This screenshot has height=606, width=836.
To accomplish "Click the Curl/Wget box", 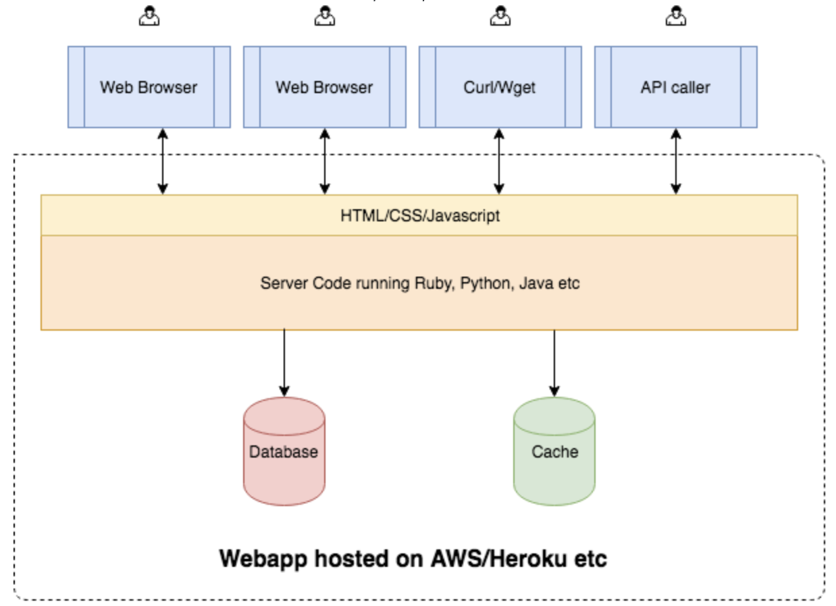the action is tap(500, 87).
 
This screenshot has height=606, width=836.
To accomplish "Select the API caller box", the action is tap(676, 87).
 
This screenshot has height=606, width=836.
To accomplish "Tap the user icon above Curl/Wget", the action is tap(500, 16).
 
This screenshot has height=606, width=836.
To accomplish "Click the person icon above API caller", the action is tap(676, 16).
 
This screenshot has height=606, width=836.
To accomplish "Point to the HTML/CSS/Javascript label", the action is tap(420, 216).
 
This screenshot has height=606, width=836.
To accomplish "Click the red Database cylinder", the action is tap(284, 451).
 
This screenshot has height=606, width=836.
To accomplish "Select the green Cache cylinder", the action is tap(554, 451).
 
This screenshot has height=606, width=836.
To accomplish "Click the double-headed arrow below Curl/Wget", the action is tap(499, 161).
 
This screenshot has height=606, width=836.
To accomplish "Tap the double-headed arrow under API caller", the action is tap(676, 161).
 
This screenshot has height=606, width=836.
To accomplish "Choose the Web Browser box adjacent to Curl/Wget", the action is tap(325, 87).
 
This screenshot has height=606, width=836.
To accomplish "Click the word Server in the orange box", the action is tap(284, 283).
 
